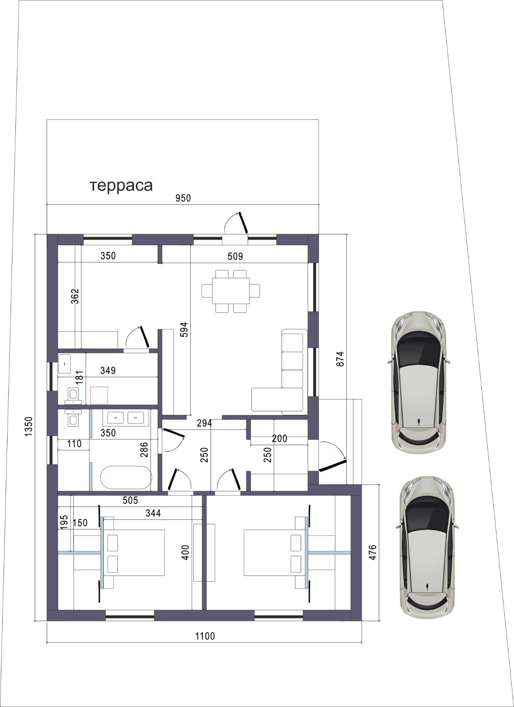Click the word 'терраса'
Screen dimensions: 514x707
[x=121, y=186]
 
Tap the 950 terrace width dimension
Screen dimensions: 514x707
[x=183, y=198]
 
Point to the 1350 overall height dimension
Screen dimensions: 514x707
[x=29, y=426]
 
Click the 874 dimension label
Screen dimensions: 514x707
[x=340, y=359]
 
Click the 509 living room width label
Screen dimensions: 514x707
[x=235, y=256]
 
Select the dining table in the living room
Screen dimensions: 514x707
[x=231, y=291]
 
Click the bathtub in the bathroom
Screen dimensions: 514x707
[x=126, y=477]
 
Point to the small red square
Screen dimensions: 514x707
[x=99, y=395]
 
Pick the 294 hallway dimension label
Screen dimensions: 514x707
[x=204, y=423]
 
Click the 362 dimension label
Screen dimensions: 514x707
[x=75, y=296]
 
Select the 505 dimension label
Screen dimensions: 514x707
[x=130, y=500]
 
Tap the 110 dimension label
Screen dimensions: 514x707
[x=74, y=444]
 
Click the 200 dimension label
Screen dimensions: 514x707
[x=280, y=438]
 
